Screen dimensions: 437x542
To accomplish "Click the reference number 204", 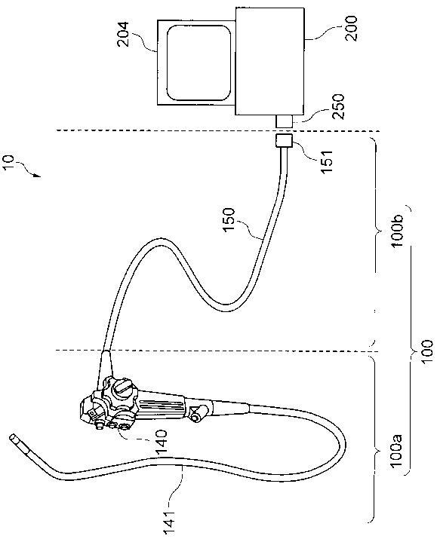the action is [123, 34].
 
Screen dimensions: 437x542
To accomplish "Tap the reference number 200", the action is [351, 29].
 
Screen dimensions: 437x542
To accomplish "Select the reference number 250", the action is [338, 107].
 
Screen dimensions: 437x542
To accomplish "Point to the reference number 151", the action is [327, 161].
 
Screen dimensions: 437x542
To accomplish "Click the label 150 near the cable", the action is [229, 220].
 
